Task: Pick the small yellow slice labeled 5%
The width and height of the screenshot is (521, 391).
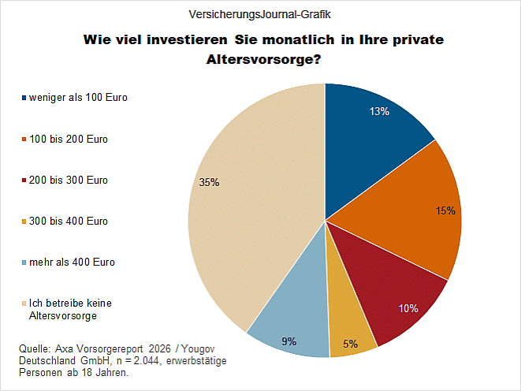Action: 349,331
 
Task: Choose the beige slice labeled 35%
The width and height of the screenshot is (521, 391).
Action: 252,205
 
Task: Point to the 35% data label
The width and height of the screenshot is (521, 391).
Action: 210,183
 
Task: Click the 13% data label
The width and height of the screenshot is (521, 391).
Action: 379,112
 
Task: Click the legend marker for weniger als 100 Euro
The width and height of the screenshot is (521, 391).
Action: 23,99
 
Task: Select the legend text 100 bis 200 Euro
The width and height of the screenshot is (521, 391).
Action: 69,140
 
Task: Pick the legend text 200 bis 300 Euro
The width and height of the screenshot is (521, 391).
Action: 69,181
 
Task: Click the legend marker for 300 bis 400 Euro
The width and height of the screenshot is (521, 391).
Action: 23,222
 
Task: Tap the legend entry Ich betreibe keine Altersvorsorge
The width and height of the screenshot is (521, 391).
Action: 62,309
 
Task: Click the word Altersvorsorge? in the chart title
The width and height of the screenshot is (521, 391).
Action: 262,60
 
